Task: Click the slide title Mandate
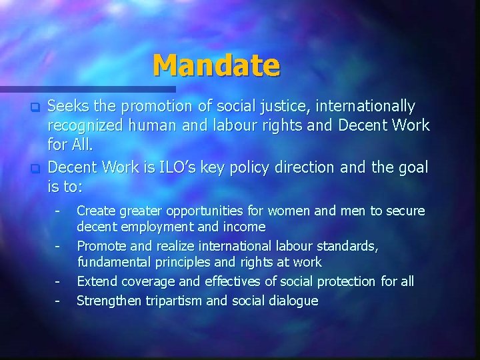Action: pos(216,65)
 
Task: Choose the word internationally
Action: pos(365,107)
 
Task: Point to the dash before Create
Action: pos(58,211)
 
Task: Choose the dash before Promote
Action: pos(58,247)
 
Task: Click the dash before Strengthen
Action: pos(58,301)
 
